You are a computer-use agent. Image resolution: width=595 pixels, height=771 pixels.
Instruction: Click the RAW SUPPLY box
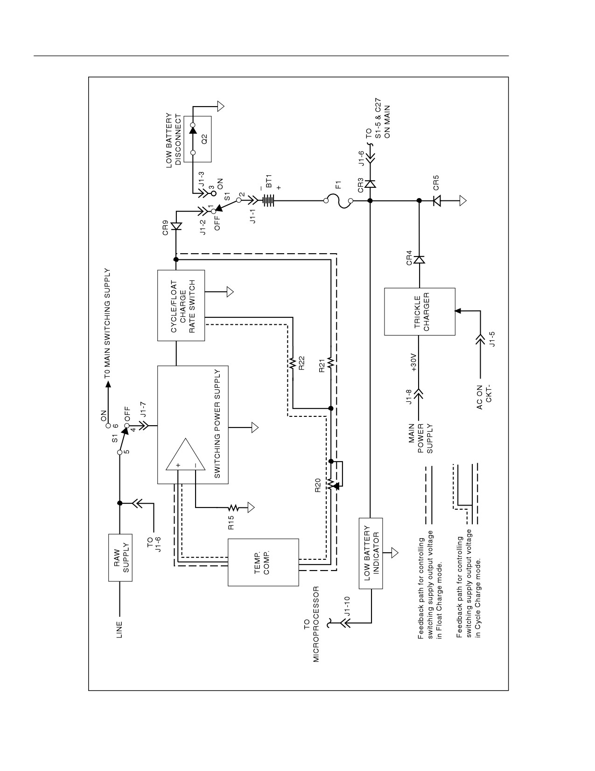click(x=120, y=557)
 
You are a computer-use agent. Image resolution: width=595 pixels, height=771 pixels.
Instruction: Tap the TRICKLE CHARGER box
click(x=420, y=312)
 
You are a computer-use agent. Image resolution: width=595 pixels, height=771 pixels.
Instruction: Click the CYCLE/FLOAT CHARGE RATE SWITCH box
click(x=181, y=306)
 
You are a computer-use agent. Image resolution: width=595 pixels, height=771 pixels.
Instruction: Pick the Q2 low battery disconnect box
click(x=197, y=139)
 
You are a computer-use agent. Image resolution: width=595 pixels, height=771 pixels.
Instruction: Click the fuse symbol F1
click(x=338, y=201)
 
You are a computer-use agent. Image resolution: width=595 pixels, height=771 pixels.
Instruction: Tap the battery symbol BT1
click(x=268, y=200)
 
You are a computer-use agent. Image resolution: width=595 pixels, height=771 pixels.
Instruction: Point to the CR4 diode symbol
click(x=420, y=260)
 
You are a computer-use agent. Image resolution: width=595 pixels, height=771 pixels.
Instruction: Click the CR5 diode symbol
click(x=437, y=201)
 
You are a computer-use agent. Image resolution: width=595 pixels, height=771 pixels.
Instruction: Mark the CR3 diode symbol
click(x=371, y=184)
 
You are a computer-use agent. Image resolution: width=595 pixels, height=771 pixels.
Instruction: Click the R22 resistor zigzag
click(x=293, y=363)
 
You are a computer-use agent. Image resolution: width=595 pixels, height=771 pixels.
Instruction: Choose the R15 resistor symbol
click(x=233, y=508)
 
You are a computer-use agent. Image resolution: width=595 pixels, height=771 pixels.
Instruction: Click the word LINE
click(x=119, y=630)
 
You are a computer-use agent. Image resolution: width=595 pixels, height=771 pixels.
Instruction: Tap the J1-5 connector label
click(x=491, y=339)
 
